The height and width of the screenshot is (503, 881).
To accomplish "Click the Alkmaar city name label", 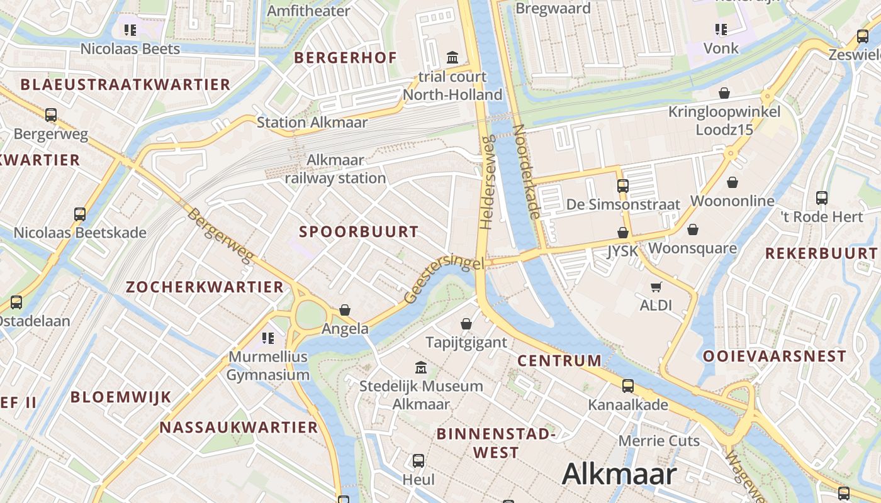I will (x=619, y=473).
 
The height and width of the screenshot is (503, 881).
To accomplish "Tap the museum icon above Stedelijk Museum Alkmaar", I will (x=420, y=367).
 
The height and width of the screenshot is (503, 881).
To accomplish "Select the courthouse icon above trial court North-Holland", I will (x=452, y=58).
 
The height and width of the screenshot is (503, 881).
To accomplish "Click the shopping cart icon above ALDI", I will (x=656, y=287).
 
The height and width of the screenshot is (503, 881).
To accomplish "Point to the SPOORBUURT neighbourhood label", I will (x=359, y=231).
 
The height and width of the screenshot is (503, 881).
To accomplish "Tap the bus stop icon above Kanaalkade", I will (x=627, y=386).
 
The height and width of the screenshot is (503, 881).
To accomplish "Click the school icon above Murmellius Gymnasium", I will (x=268, y=338).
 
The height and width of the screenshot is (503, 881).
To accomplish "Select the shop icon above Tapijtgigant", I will (x=466, y=324).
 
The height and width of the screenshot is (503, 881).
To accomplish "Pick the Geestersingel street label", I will (x=446, y=279).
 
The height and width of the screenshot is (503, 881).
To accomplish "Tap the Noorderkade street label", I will (x=526, y=171).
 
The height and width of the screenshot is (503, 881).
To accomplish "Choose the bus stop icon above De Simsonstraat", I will (x=622, y=185).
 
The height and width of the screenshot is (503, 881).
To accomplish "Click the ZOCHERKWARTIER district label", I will (x=205, y=287).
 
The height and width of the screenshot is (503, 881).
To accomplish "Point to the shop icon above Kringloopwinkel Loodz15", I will (x=724, y=93).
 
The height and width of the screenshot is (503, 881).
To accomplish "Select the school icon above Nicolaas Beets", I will (x=130, y=30).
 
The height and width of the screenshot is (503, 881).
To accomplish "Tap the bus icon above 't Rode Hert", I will (x=821, y=197).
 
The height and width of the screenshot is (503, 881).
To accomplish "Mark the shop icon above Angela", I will (x=344, y=310).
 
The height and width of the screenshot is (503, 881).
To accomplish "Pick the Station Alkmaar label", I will (x=311, y=122).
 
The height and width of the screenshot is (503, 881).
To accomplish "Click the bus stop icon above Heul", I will (x=418, y=461).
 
